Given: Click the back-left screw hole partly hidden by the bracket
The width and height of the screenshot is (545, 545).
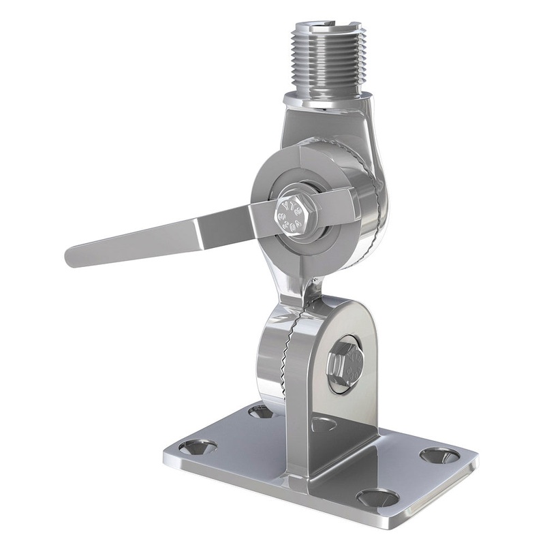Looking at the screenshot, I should tap(260, 411).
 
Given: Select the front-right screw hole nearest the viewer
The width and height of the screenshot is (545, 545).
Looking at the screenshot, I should tap(377, 497).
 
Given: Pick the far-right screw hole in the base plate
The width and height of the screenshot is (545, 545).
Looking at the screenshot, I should tap(435, 454).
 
